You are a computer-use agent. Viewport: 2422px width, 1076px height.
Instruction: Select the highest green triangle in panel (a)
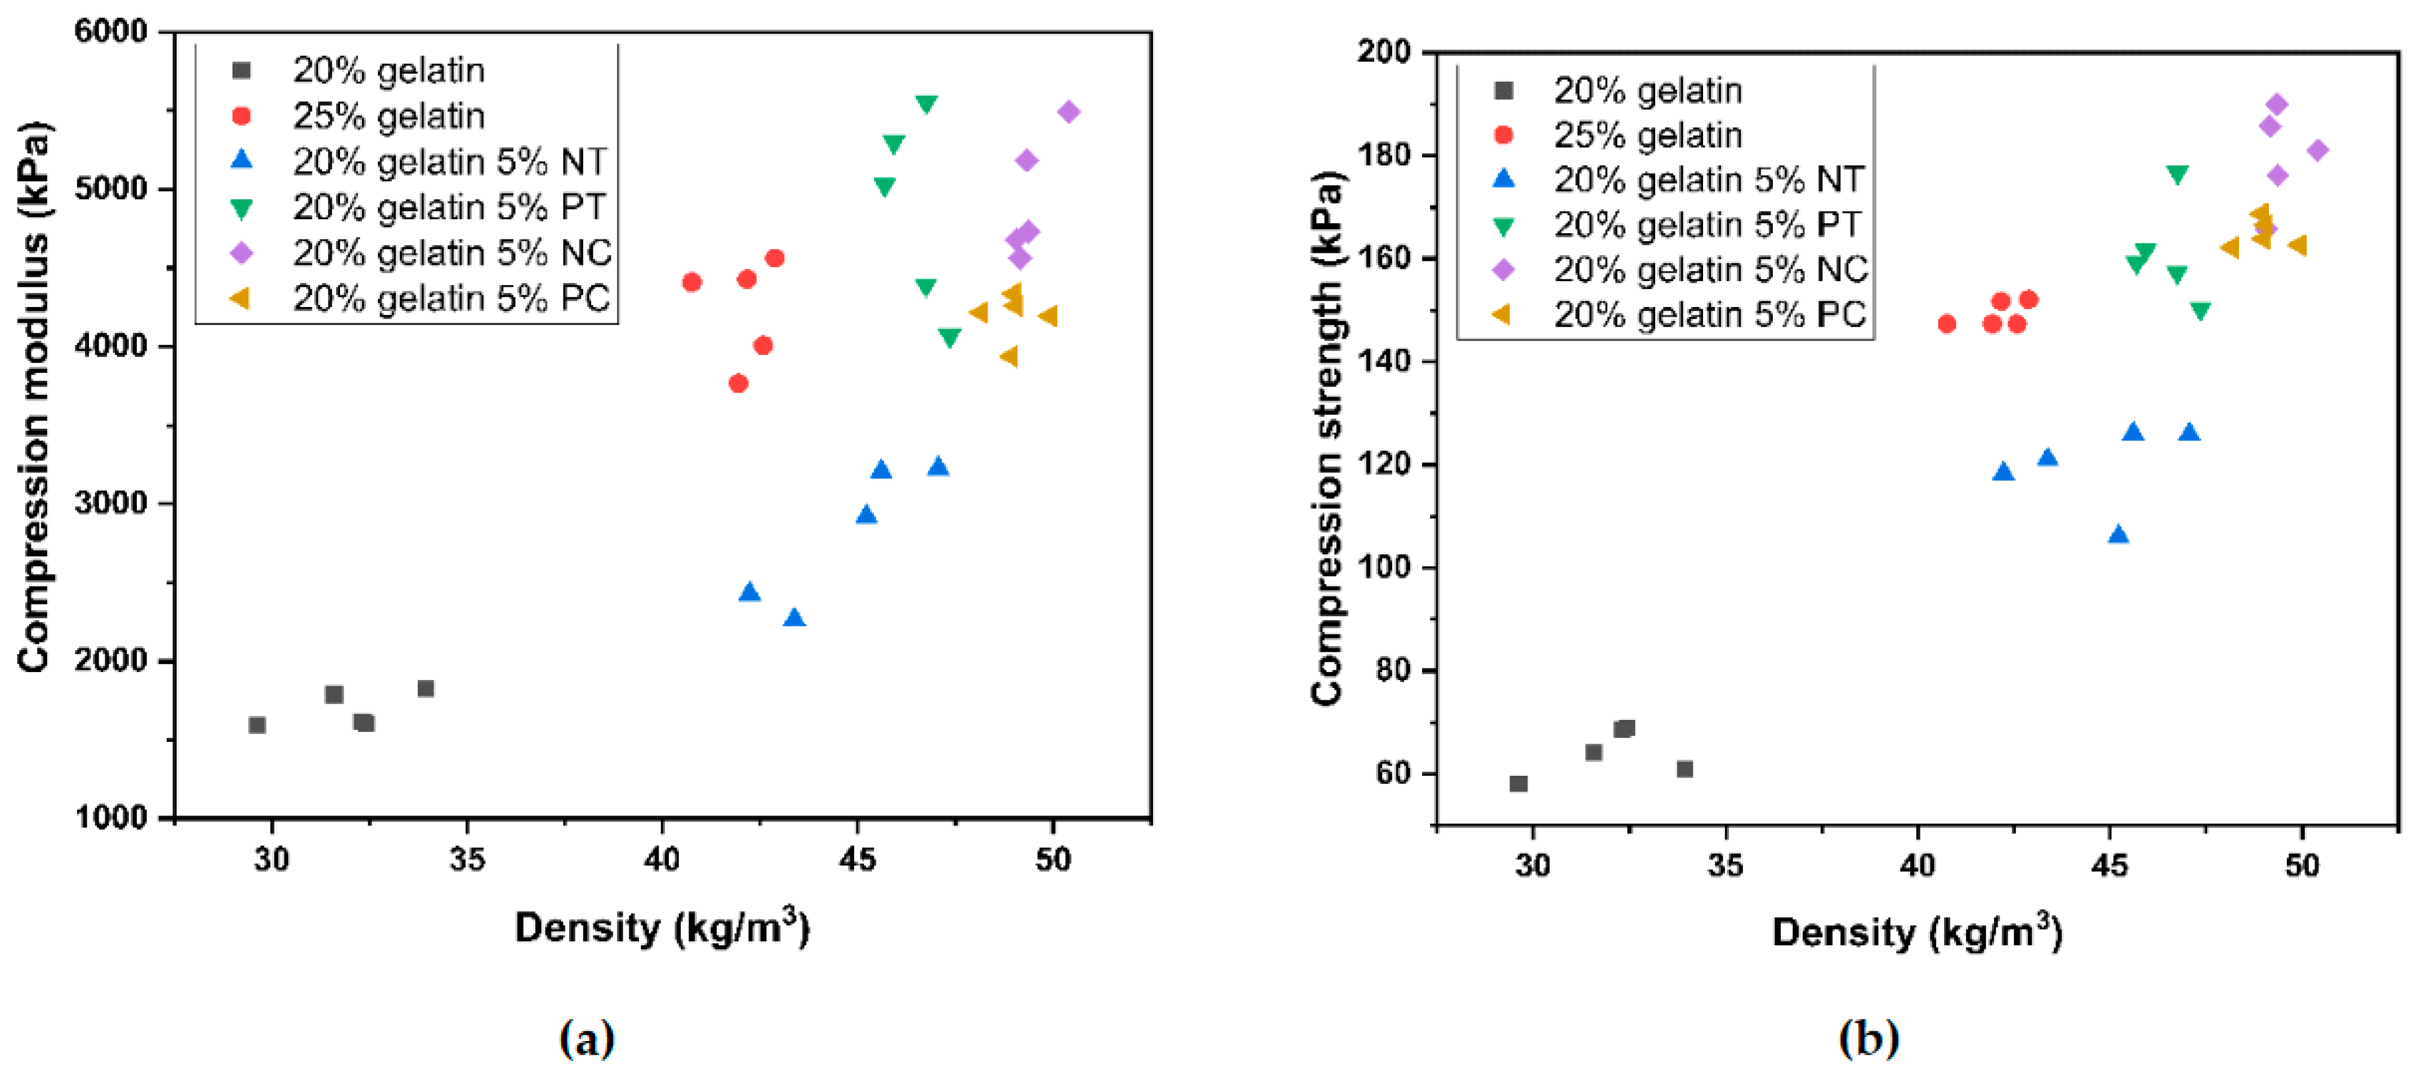[x=926, y=104]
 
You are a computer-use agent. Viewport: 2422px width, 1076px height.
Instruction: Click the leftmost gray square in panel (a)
[x=257, y=724]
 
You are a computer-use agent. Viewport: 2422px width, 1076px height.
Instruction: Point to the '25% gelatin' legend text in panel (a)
[x=388, y=115]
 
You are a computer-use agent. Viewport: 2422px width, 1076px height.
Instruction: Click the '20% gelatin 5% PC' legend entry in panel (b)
[x=1708, y=314]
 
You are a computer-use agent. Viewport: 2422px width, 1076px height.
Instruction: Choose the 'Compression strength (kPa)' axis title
[x=1326, y=437]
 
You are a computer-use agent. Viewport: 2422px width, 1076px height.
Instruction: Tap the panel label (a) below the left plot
[x=587, y=1038]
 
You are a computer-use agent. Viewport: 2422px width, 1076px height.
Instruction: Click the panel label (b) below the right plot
[x=1868, y=1038]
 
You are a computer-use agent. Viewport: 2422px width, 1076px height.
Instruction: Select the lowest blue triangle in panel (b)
[x=2119, y=534]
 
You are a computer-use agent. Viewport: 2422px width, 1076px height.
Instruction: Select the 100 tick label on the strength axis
[x=1383, y=567]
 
